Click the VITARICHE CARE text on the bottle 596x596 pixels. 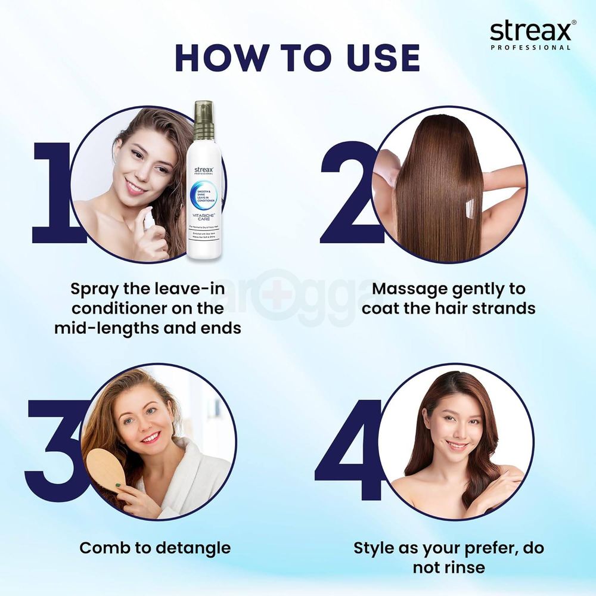tap(204, 218)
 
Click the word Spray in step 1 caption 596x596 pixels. tap(97, 289)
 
